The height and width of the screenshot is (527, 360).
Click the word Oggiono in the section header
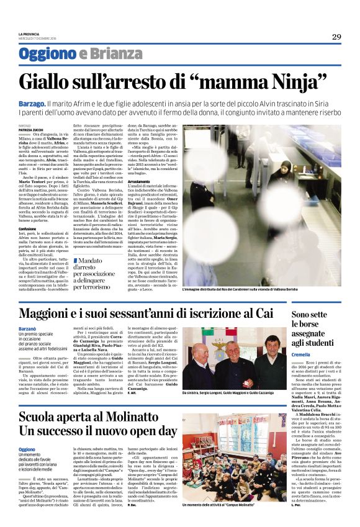point(47,55)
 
